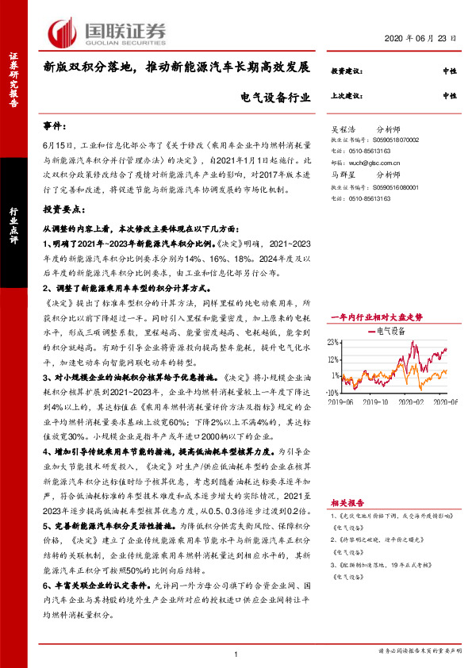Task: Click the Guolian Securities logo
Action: [x=108, y=31]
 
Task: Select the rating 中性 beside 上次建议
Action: [x=450, y=95]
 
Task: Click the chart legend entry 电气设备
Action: [x=390, y=305]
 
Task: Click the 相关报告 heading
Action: [x=347, y=503]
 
